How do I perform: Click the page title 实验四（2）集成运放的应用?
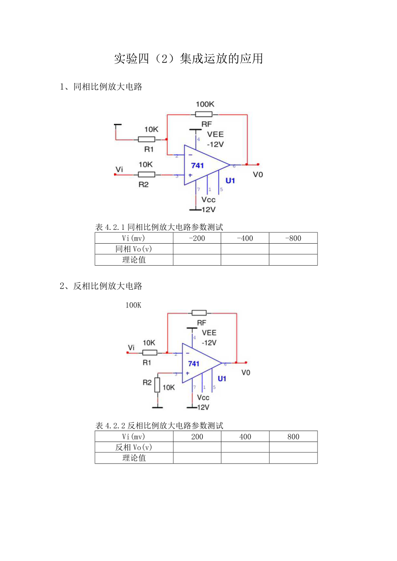pos(189,59)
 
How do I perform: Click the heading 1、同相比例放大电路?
pos(101,87)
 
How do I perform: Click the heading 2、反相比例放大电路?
pos(101,286)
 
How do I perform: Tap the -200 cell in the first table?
pos(197,238)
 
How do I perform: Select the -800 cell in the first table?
pos(293,238)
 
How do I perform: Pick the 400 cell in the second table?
pos(245,436)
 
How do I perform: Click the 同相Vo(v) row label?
pos(134,249)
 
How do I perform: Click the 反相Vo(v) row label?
pos(134,447)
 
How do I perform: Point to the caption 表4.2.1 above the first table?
pos(159,227)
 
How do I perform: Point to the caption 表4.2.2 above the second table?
pos(159,426)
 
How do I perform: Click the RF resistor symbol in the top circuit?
pos(204,114)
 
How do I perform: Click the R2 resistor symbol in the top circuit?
pos(146,174)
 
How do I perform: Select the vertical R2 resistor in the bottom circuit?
pos(157,385)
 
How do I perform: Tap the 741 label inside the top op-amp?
pos(197,165)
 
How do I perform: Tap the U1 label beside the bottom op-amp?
pos(222,379)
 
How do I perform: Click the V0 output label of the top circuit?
pos(258,175)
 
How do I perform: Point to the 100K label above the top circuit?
pos(205,104)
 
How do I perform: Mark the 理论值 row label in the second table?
pos(134,458)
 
